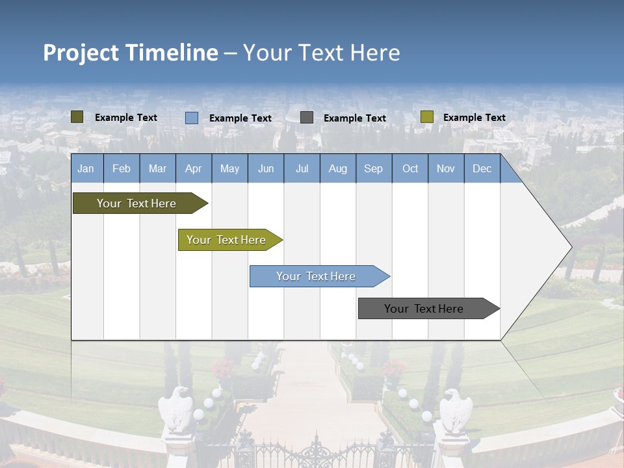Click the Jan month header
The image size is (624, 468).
click(86, 168)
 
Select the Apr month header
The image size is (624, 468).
click(193, 168)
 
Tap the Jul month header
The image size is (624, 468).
click(302, 168)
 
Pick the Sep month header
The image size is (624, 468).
click(373, 168)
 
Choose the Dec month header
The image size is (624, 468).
click(482, 168)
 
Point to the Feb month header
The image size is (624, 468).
click(122, 168)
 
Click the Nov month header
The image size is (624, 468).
click(445, 168)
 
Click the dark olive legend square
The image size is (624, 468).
click(77, 117)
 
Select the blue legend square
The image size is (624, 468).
click(192, 118)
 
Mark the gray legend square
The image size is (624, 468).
click(307, 118)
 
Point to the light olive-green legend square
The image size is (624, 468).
click(426, 117)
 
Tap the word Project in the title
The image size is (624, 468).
click(81, 53)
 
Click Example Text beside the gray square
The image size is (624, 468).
click(354, 118)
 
